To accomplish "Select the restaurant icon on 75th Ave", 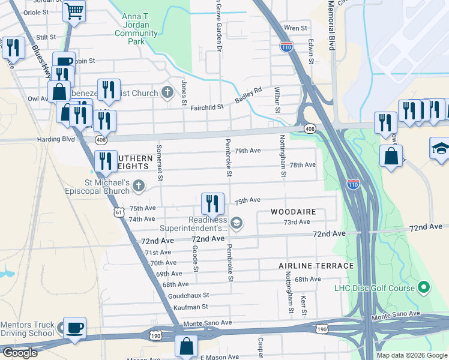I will click(212, 204).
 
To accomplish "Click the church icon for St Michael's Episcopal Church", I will click(139, 185).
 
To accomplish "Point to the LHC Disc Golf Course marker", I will click(424, 288).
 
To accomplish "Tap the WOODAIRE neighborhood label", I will click(292, 212).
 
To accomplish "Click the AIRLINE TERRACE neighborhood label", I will click(316, 265).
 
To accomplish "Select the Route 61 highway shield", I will click(119, 212).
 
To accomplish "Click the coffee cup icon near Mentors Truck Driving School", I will click(74, 328).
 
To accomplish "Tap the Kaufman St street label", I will click(191, 306).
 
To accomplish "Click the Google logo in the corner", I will click(20, 353).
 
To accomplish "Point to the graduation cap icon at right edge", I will click(440, 148).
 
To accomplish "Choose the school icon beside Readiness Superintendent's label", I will click(237, 223).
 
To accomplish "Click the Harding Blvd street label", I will click(58, 139).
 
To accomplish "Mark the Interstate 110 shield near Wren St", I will click(286, 46).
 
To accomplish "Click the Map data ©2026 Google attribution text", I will click(411, 355).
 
